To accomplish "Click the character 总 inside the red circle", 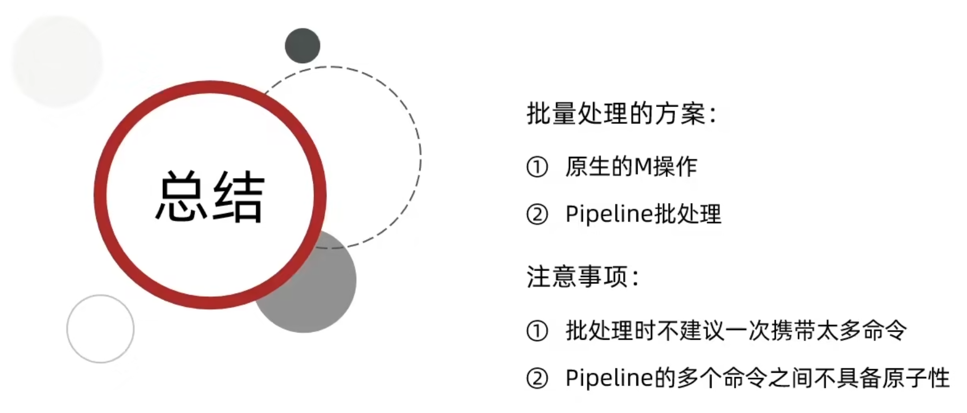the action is coord(181,196).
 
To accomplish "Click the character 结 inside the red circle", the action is coord(238,196).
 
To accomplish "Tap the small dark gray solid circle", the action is coord(303,46).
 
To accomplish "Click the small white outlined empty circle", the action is coord(100,328).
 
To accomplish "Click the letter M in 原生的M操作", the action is coord(643,167).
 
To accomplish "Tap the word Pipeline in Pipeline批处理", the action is coord(610,214).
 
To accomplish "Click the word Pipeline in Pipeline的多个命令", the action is coord(610,378).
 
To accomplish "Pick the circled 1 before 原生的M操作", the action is coord(537,167).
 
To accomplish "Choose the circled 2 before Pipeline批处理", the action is coord(537,215).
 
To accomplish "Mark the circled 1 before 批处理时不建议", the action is coord(537,331).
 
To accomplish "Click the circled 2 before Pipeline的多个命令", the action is coord(537,379).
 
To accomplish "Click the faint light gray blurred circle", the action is coord(57,61).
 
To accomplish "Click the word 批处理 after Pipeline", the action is coord(688,214).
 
